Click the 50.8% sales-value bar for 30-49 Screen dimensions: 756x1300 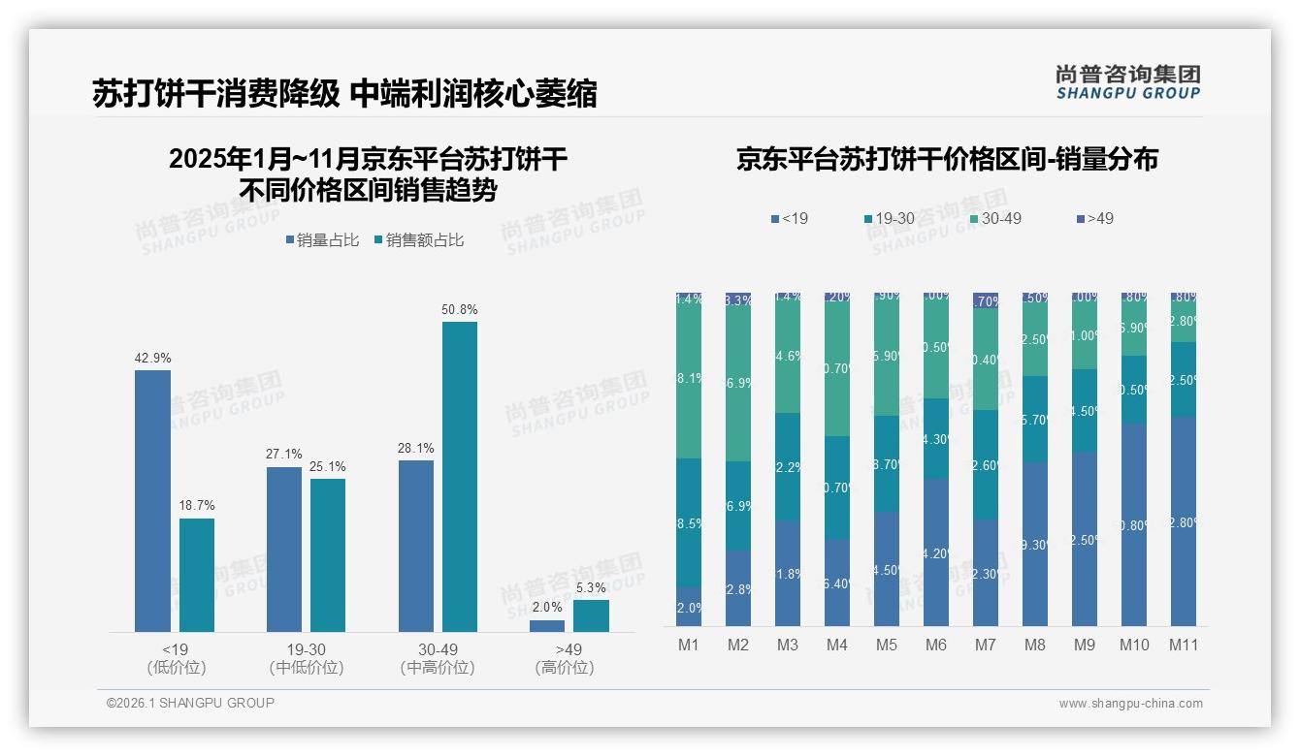(x=460, y=476)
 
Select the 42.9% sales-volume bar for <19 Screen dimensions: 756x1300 (x=152, y=500)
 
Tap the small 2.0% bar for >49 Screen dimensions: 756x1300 (x=547, y=626)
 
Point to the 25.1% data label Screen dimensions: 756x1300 (x=328, y=466)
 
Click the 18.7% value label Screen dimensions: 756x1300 (x=197, y=506)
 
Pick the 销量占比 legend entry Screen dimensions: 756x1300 (x=325, y=240)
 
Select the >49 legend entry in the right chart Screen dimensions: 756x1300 (x=1093, y=219)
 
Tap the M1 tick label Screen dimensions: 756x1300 (x=689, y=646)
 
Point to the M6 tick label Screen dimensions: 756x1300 (x=936, y=646)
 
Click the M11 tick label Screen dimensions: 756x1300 (x=1184, y=646)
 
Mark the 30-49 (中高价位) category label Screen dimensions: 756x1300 (x=438, y=658)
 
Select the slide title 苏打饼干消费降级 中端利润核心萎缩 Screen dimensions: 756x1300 (x=344, y=93)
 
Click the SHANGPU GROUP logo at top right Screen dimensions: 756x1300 (x=1127, y=82)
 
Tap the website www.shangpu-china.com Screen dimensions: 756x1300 (x=1130, y=704)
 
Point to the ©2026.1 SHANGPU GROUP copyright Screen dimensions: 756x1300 (x=190, y=703)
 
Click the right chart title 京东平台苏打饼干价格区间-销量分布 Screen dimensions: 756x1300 (x=947, y=160)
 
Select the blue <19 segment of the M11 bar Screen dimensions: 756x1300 (x=1184, y=521)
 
